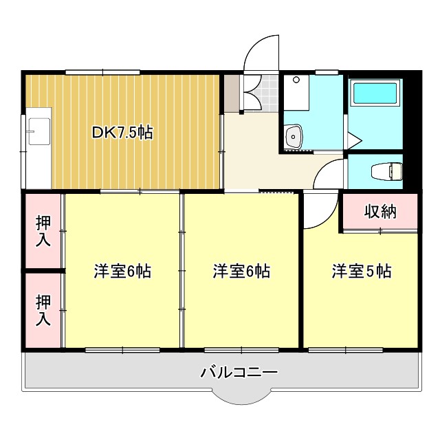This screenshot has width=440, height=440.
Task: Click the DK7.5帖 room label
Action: (x=122, y=132)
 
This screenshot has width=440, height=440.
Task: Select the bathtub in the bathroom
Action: (x=375, y=95)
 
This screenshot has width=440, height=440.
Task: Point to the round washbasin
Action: (x=295, y=135)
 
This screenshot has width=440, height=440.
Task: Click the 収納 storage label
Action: (x=380, y=212)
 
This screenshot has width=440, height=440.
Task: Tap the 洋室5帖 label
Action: (x=362, y=272)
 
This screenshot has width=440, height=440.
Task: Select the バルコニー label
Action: (x=239, y=373)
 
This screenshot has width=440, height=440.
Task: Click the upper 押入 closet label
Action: (x=43, y=232)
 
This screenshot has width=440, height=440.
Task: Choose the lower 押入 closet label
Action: (x=43, y=311)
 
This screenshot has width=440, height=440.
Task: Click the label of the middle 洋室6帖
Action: (x=241, y=272)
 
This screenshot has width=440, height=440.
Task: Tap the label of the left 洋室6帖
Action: (x=122, y=272)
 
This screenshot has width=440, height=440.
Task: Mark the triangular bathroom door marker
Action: (x=355, y=141)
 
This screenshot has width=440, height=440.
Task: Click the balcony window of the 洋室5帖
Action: (x=346, y=350)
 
